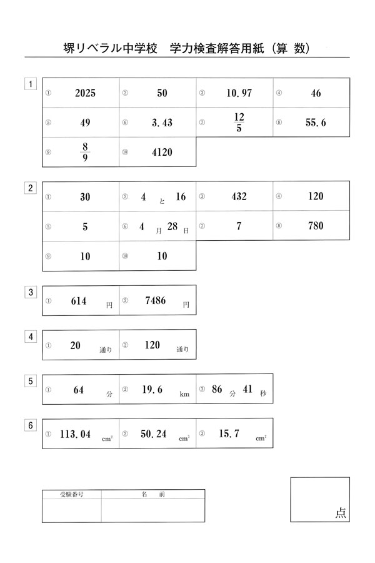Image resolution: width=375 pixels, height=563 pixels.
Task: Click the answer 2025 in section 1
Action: pyautogui.click(x=84, y=93)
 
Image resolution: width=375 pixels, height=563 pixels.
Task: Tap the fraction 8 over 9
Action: pyautogui.click(x=85, y=152)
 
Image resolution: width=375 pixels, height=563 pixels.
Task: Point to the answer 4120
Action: pyautogui.click(x=162, y=153)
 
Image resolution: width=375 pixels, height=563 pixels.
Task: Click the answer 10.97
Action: pyautogui.click(x=239, y=93)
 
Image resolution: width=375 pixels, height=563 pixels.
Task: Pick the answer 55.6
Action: pyautogui.click(x=316, y=123)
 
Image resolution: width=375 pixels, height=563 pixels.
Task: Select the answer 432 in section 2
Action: pyautogui.click(x=239, y=196)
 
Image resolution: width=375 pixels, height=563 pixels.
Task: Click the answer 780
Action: pyautogui.click(x=316, y=226)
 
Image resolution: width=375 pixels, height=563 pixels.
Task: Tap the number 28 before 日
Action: pyautogui.click(x=173, y=226)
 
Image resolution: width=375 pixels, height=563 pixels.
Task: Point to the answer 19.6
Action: pyautogui.click(x=152, y=390)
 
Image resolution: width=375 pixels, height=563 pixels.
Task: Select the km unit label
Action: pyautogui.click(x=184, y=395)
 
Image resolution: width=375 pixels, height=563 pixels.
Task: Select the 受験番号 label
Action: pyautogui.click(x=71, y=494)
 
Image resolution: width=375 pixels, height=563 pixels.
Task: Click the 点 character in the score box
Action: pyautogui.click(x=341, y=513)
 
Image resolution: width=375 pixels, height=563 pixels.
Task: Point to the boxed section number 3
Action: pyautogui.click(x=30, y=292)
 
